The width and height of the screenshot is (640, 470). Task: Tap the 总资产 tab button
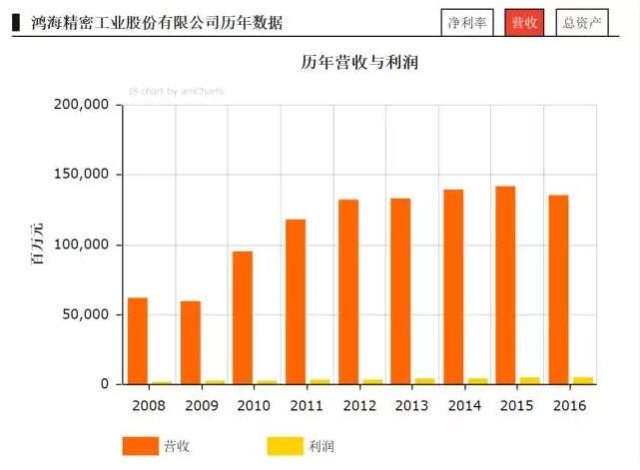coord(582,22)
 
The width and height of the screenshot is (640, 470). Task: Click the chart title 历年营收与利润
coord(359,63)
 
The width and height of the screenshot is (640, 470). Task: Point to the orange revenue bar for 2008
coord(138,340)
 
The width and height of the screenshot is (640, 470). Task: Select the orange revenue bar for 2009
coord(191,342)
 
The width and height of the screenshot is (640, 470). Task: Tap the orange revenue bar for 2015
coord(505,284)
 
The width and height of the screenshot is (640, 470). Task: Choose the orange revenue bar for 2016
coord(558,289)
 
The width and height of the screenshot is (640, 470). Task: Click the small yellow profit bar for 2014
coord(478,381)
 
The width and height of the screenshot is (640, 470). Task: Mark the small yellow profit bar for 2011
coord(320,381)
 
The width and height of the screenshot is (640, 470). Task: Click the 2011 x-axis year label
coord(306,404)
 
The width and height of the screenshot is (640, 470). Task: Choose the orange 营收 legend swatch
coord(140,446)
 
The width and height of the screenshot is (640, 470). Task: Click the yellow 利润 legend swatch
coord(285,446)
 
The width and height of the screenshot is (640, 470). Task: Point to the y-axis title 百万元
coord(38,245)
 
